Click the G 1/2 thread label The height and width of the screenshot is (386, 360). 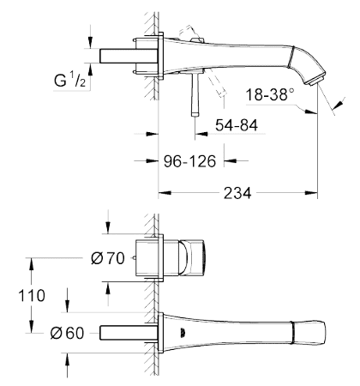point(69,80)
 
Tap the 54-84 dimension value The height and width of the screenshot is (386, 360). point(237,125)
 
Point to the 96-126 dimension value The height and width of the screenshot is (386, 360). point(189,161)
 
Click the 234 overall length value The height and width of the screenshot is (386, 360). point(237,193)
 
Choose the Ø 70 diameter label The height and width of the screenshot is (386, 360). point(108,258)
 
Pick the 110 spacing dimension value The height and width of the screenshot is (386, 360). point(32,295)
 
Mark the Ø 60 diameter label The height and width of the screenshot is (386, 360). point(67,333)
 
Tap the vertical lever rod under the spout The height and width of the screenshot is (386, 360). point(195,93)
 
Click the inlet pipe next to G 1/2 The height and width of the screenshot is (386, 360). point(129,56)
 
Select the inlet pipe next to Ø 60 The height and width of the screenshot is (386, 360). point(129,333)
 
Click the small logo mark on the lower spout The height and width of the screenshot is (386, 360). point(183,333)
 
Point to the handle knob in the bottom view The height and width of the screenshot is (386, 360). point(191,258)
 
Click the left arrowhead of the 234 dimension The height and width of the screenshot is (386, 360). point(165,193)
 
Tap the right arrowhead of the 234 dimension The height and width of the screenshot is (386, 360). point(311,193)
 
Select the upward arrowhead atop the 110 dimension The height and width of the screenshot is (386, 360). point(31,264)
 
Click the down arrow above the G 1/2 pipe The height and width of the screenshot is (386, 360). point(91,42)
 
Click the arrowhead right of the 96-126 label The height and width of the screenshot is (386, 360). point(231,161)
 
